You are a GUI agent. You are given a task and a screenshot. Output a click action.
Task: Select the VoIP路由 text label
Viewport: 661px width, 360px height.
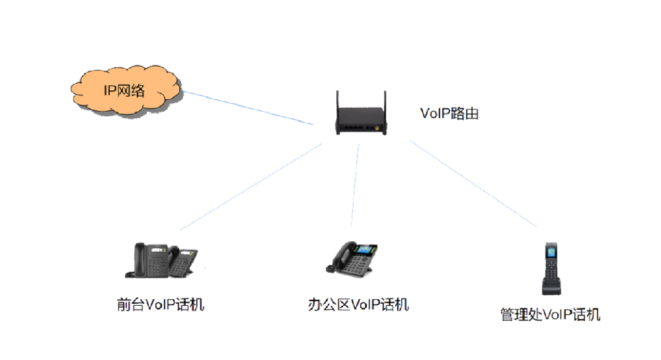coord(449,114)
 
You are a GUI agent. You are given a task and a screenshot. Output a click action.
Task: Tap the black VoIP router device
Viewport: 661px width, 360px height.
coord(361,122)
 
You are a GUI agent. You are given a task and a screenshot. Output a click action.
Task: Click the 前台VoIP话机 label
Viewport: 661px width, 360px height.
coord(160,305)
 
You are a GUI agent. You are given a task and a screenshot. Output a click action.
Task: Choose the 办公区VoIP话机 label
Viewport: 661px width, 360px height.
coord(358,305)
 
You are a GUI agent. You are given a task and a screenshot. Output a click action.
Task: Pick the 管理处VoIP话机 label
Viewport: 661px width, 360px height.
coord(550,315)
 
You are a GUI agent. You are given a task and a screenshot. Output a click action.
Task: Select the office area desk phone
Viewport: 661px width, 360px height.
coord(353,258)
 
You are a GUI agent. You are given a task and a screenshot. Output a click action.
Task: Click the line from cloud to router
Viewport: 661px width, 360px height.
coord(248,107)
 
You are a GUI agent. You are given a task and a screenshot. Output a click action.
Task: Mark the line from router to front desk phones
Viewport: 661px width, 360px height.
coord(251,186)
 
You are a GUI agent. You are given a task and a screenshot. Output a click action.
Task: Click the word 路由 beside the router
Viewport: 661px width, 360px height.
coord(465,114)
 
